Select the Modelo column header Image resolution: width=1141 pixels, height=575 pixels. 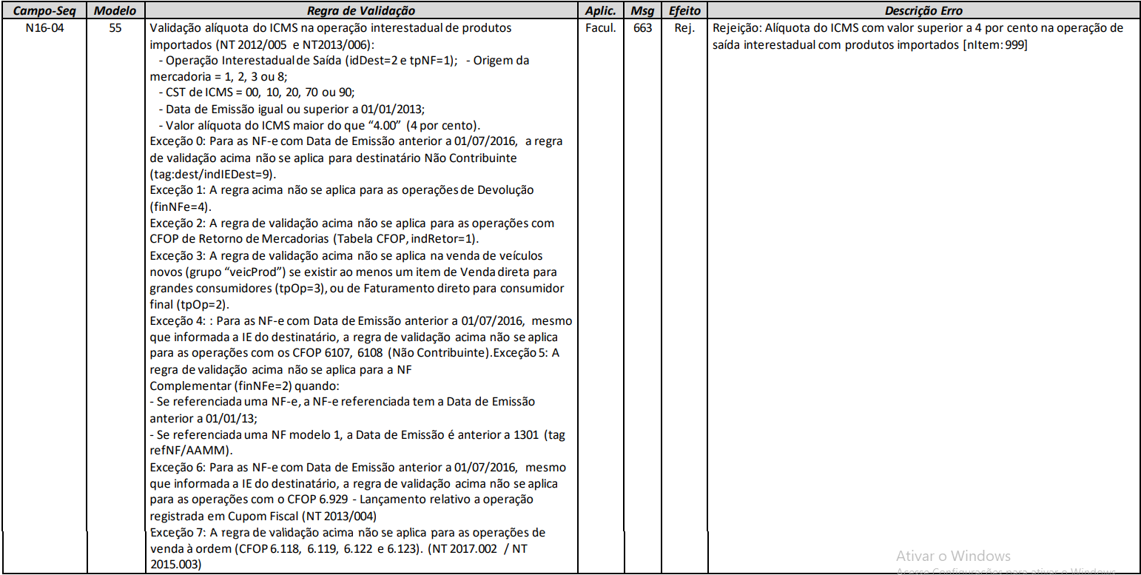(x=114, y=11)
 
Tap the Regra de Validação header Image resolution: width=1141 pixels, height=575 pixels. (x=361, y=11)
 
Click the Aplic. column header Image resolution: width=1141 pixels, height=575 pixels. (x=600, y=11)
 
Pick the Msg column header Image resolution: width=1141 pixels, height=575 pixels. (x=642, y=11)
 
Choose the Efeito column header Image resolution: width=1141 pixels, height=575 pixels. (x=684, y=11)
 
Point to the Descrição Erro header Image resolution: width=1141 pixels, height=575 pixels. (x=923, y=11)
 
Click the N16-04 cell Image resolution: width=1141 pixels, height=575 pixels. (x=44, y=28)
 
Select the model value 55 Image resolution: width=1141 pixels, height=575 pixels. (x=114, y=28)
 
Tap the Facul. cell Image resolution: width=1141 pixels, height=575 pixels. (x=600, y=28)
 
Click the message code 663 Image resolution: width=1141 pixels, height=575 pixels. (x=642, y=28)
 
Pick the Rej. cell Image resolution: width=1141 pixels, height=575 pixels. (x=684, y=28)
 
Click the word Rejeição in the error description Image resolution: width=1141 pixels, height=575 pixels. (x=738, y=28)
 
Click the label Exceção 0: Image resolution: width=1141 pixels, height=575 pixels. (x=176, y=141)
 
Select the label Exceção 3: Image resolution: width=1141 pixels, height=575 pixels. (x=176, y=255)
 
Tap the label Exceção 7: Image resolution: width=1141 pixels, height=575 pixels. (x=176, y=533)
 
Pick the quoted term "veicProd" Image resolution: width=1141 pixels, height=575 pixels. (x=252, y=272)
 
